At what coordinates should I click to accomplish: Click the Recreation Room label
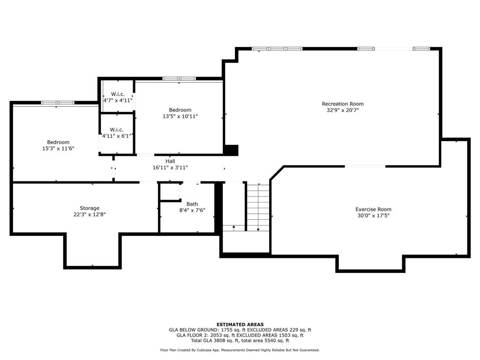tap(342, 104)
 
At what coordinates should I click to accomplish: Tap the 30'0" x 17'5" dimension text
tap(373, 216)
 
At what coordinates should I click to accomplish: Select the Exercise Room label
tap(373, 209)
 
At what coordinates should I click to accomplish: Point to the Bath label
tap(192, 204)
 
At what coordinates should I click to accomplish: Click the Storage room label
tap(90, 208)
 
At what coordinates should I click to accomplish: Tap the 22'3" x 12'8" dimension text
tap(90, 215)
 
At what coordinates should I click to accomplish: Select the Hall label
tap(170, 161)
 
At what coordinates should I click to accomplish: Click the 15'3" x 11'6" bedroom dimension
tap(58, 149)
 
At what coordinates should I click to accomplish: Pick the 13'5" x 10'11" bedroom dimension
tap(180, 116)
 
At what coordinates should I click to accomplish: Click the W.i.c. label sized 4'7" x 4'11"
tap(117, 94)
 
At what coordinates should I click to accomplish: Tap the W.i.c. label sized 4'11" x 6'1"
tap(117, 129)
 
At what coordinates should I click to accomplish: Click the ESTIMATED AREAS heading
tap(240, 324)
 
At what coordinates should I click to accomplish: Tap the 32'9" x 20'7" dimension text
tap(342, 110)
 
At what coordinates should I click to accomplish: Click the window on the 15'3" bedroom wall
tap(57, 103)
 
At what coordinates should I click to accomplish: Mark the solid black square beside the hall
tap(231, 150)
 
